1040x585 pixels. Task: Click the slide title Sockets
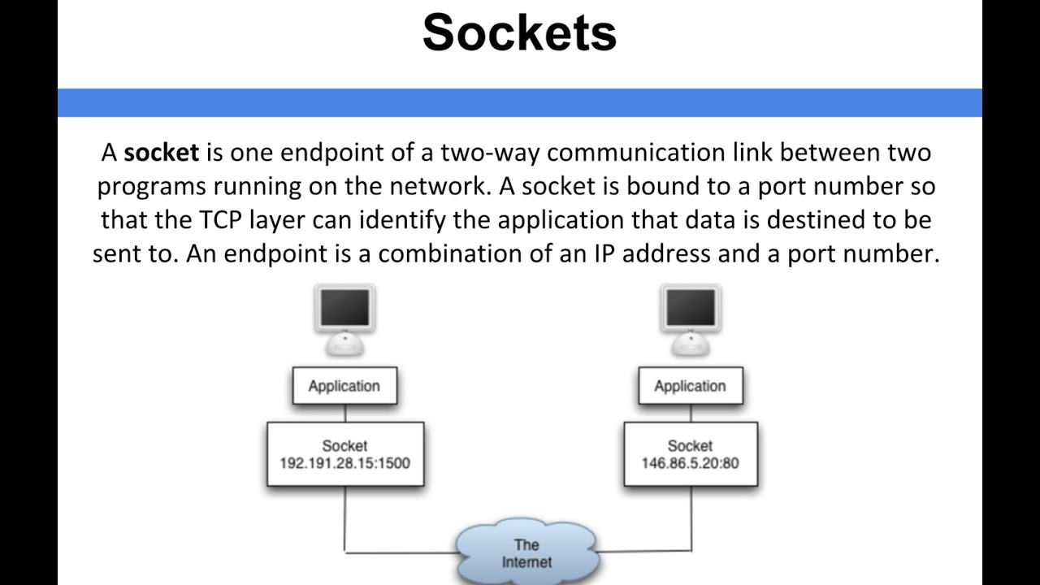click(x=519, y=33)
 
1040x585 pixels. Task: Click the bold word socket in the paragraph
click(x=161, y=153)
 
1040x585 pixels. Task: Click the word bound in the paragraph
click(x=655, y=186)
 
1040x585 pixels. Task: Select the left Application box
click(x=344, y=386)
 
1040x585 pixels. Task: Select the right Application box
click(x=690, y=386)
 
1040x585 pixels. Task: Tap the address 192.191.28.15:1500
click(x=344, y=463)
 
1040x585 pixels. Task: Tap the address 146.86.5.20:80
click(x=690, y=463)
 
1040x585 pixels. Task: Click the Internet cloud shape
click(x=526, y=553)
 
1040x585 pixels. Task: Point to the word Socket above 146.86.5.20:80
click(x=690, y=446)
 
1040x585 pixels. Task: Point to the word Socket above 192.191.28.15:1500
click(x=344, y=446)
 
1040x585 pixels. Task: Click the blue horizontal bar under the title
click(x=519, y=103)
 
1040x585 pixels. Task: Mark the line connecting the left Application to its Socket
click(x=345, y=413)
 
